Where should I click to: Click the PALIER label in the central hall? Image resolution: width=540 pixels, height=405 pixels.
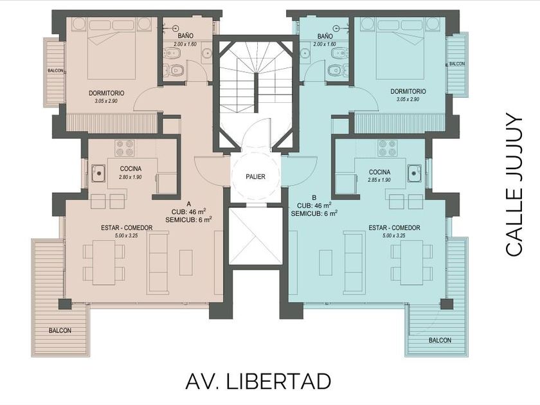coord(256,177)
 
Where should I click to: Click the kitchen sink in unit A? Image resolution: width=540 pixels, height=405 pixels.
coord(99,173)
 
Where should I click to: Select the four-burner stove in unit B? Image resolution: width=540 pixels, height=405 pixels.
coord(387,148)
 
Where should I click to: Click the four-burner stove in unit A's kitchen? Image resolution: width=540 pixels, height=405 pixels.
coord(125,148)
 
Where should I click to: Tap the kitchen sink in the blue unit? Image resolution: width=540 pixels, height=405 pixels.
coord(414,173)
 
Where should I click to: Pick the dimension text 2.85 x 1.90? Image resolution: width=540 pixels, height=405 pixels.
coord(379,180)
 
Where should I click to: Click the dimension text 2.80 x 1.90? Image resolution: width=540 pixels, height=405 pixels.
coord(130,177)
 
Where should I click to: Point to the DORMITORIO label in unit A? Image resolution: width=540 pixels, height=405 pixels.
coord(107,93)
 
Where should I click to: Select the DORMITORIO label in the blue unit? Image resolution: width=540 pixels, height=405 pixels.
coord(408,91)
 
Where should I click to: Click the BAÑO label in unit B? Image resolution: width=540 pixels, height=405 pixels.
coord(325,36)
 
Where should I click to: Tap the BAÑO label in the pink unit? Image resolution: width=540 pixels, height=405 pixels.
coord(186,35)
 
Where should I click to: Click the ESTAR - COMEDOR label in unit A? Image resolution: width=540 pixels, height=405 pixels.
coord(127,228)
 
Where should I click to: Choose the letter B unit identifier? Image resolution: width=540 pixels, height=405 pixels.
coord(314,198)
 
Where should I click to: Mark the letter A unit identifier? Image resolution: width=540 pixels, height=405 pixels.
coord(188,204)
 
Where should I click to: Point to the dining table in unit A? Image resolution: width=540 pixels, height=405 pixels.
coord(104,262)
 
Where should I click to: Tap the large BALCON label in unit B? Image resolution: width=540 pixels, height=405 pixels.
coord(440,340)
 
